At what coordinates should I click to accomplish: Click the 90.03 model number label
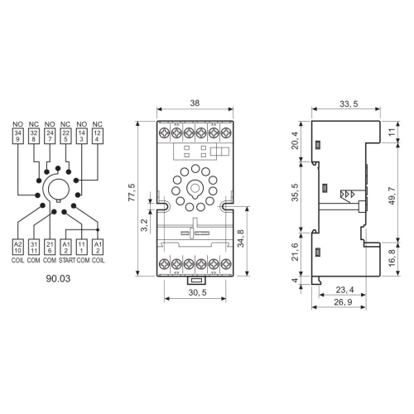(x=59, y=279)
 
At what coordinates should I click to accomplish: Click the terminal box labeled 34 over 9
(x=18, y=136)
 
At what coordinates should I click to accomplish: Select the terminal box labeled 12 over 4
(x=97, y=136)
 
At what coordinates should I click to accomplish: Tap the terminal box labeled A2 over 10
(x=18, y=247)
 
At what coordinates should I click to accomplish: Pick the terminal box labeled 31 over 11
(x=34, y=247)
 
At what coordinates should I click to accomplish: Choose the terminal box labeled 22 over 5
(x=65, y=136)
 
